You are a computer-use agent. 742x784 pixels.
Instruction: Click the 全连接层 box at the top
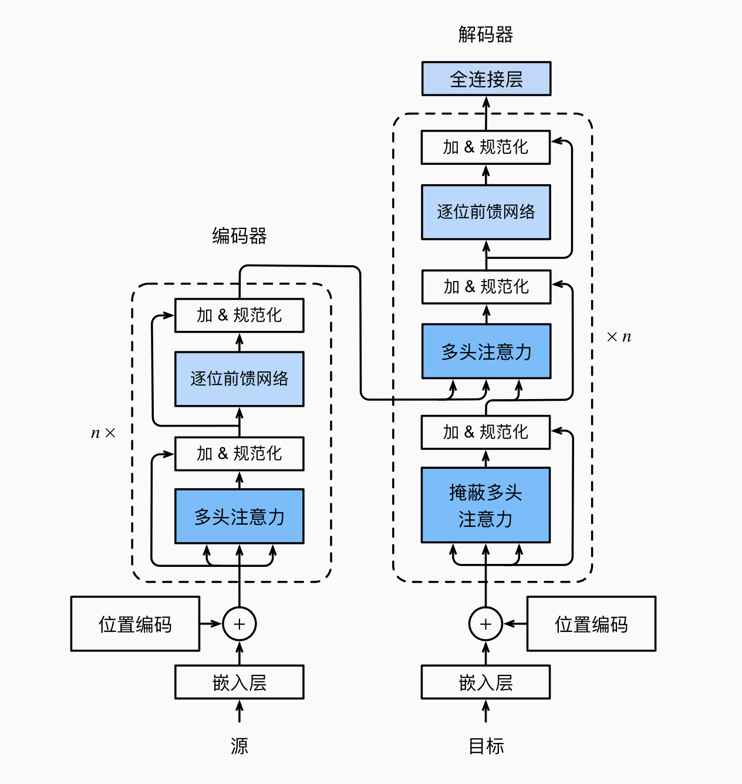[x=486, y=79]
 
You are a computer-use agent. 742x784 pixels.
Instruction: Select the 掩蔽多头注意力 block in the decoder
[x=485, y=505]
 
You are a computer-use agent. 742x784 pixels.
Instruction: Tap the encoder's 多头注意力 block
[x=239, y=516]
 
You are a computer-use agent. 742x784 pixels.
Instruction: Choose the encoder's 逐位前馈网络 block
[x=239, y=379]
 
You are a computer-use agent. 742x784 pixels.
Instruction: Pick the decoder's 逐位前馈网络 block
[x=485, y=212]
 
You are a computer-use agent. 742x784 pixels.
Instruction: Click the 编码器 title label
[x=239, y=236]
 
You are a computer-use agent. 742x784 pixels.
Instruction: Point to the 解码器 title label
[x=485, y=35]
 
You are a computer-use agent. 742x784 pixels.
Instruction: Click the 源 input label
[x=239, y=746]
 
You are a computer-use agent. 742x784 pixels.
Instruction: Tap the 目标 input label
[x=485, y=746]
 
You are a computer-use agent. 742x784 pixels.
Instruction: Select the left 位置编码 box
[x=135, y=624]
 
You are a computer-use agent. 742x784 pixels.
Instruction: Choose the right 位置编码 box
[x=591, y=624]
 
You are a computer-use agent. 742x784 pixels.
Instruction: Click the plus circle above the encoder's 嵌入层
[x=239, y=624]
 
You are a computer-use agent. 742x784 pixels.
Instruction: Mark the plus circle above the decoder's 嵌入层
[x=485, y=624]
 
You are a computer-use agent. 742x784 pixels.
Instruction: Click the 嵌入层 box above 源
[x=239, y=682]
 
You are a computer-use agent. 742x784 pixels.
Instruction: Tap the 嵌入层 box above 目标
[x=485, y=682]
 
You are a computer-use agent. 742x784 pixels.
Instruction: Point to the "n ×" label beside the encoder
[x=103, y=433]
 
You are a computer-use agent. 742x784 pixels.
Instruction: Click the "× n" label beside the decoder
[x=619, y=337]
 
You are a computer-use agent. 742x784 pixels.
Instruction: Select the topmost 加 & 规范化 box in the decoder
[x=485, y=147]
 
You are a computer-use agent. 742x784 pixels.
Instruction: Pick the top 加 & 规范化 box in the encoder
[x=239, y=316]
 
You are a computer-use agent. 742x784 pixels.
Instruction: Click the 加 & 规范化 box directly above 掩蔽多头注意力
[x=485, y=432]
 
